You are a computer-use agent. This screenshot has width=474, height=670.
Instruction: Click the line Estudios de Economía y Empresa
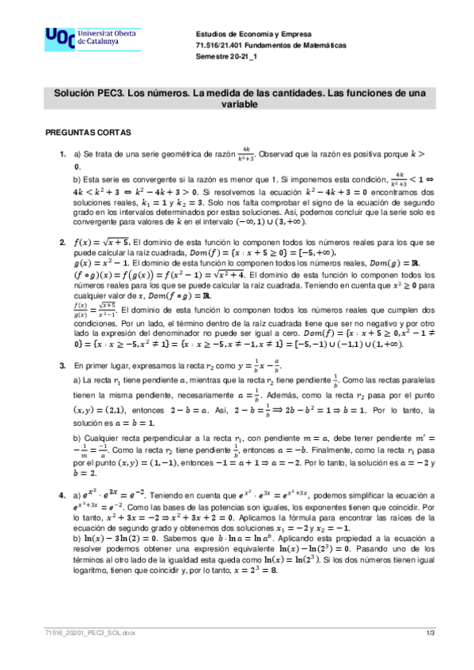(253, 35)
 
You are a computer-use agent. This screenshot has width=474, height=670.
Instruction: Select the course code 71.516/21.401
(222, 46)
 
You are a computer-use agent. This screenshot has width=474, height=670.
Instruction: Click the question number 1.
(63, 152)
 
